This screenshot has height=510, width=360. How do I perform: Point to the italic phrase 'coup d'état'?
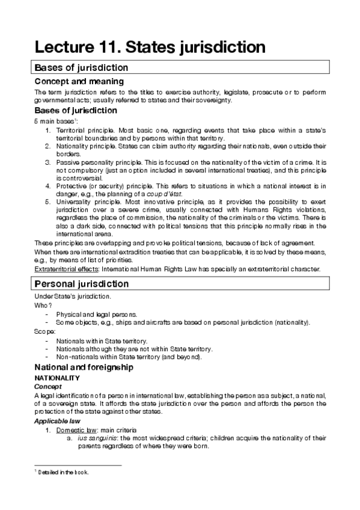click(x=181, y=194)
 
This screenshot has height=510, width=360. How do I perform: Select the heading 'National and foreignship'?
click(x=92, y=367)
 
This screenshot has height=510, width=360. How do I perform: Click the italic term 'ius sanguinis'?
click(x=95, y=438)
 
